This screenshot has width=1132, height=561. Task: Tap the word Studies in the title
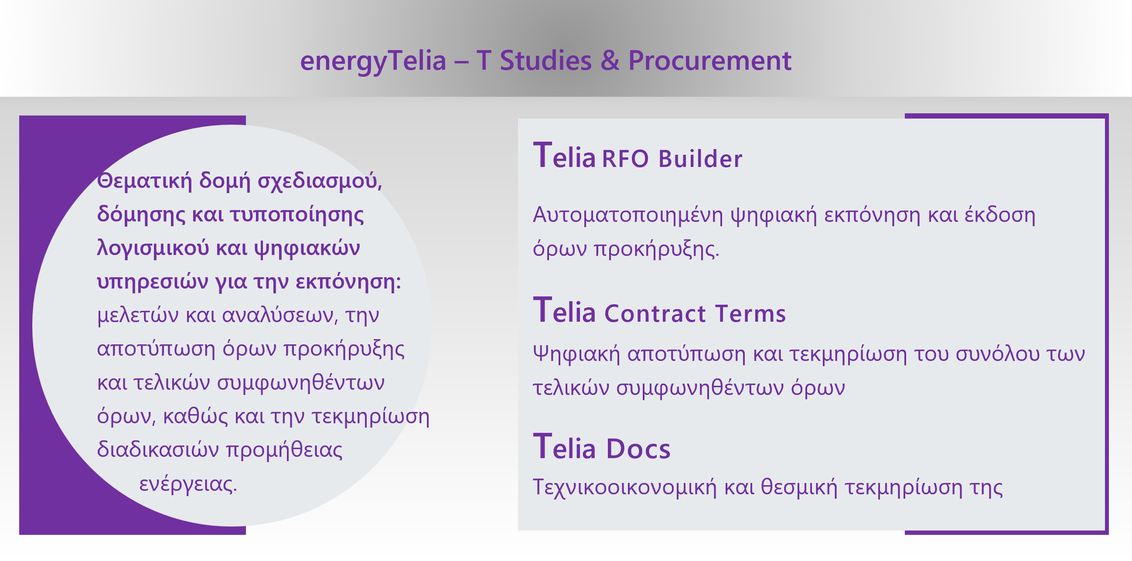pos(546,60)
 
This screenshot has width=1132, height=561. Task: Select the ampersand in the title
pos(610,60)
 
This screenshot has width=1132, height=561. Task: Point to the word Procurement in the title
pos(710,60)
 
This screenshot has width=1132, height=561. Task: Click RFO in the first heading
pos(625,159)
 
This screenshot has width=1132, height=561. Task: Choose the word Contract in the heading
pos(655,314)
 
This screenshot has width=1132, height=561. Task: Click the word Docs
pos(638,449)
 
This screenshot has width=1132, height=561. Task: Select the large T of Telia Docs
pos(542,445)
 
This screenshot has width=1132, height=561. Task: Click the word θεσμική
pos(799,487)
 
